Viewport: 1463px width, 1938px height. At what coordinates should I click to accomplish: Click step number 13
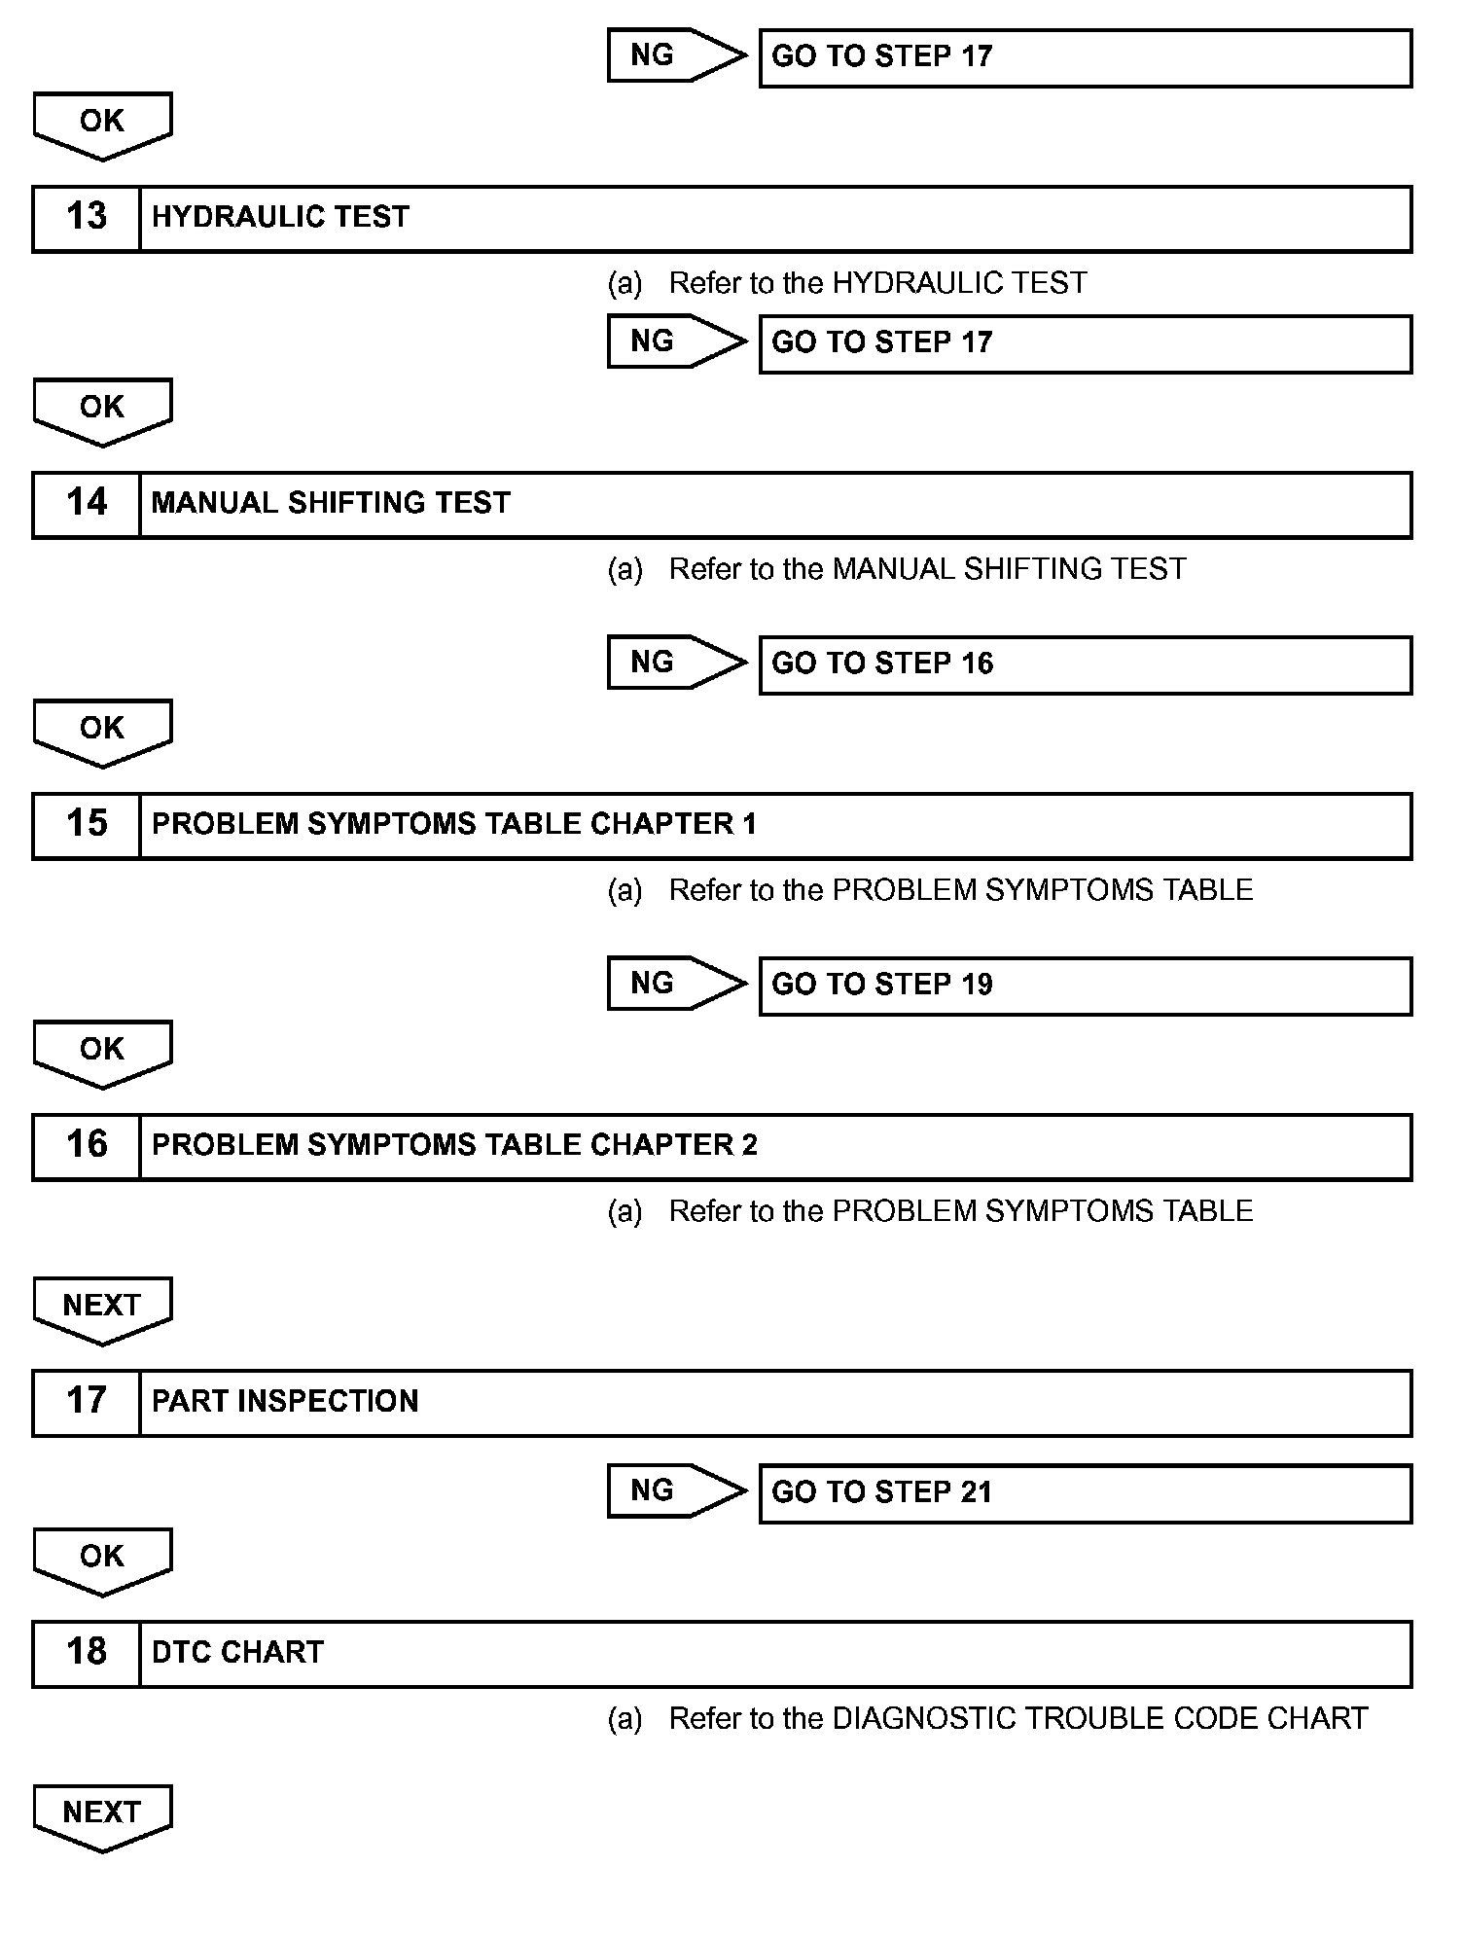click(x=87, y=217)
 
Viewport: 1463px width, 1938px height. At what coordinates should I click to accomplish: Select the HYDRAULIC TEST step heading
click(x=281, y=217)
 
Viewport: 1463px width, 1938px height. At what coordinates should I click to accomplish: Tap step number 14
click(x=87, y=503)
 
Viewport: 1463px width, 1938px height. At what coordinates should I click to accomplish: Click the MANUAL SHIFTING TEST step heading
click(x=331, y=503)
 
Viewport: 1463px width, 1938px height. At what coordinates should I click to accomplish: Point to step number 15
click(x=87, y=824)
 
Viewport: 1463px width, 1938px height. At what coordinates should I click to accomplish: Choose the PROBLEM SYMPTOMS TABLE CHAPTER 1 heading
click(x=453, y=824)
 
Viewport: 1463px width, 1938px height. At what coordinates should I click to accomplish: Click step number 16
click(x=87, y=1145)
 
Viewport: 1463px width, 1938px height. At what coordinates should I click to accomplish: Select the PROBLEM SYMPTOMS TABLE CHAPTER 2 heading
click(x=454, y=1145)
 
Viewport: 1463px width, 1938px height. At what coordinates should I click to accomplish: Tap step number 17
click(x=87, y=1401)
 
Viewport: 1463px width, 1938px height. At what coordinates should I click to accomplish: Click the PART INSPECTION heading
click(x=285, y=1401)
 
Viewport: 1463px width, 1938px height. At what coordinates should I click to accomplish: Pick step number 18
click(x=87, y=1652)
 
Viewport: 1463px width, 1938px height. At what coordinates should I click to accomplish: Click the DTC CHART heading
click(x=237, y=1652)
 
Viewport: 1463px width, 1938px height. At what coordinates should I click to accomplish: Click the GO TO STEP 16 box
click(x=1085, y=664)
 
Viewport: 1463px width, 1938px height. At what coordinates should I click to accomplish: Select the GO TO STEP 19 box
click(x=1085, y=986)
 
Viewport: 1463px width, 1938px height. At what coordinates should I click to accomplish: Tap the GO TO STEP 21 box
click(x=1085, y=1493)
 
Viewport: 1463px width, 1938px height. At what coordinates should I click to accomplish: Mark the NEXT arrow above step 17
click(x=102, y=1309)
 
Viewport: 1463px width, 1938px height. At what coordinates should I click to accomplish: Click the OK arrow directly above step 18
click(x=102, y=1560)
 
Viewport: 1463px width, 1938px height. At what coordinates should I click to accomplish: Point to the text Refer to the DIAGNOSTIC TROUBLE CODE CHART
click(x=1017, y=1719)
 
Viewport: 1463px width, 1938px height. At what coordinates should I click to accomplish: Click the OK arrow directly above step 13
click(x=102, y=124)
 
